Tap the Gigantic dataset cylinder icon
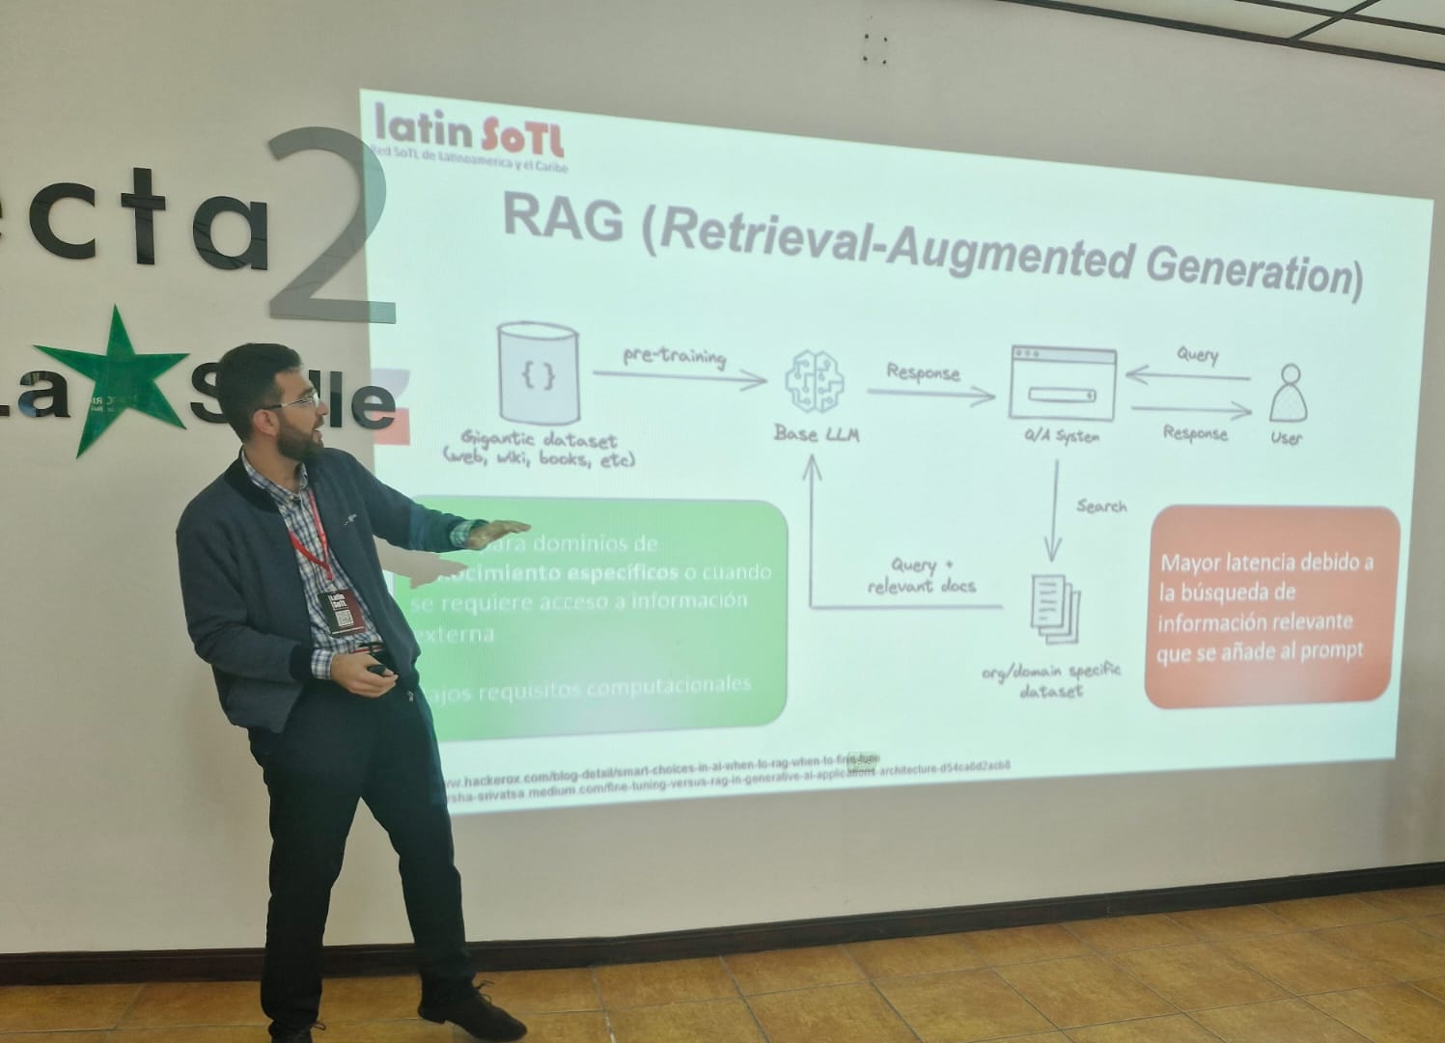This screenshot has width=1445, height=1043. [x=538, y=372]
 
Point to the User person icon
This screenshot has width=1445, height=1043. [x=1287, y=393]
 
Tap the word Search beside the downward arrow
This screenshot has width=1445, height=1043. [x=1101, y=506]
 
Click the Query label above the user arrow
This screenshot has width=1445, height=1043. [x=1197, y=354]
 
